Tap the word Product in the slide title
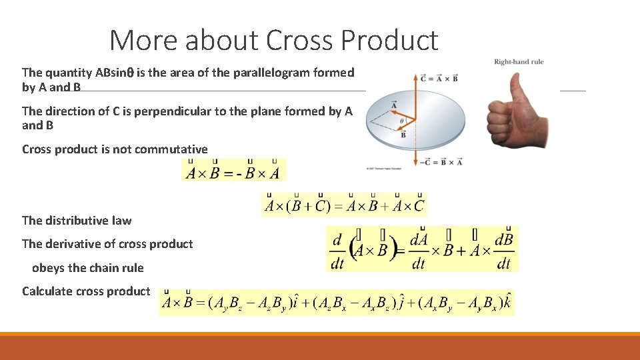point(389,41)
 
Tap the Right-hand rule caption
point(519,62)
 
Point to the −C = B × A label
point(441,162)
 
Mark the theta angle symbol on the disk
point(401,121)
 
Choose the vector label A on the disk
point(393,105)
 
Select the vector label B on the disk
point(403,135)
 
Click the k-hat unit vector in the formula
point(509,303)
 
